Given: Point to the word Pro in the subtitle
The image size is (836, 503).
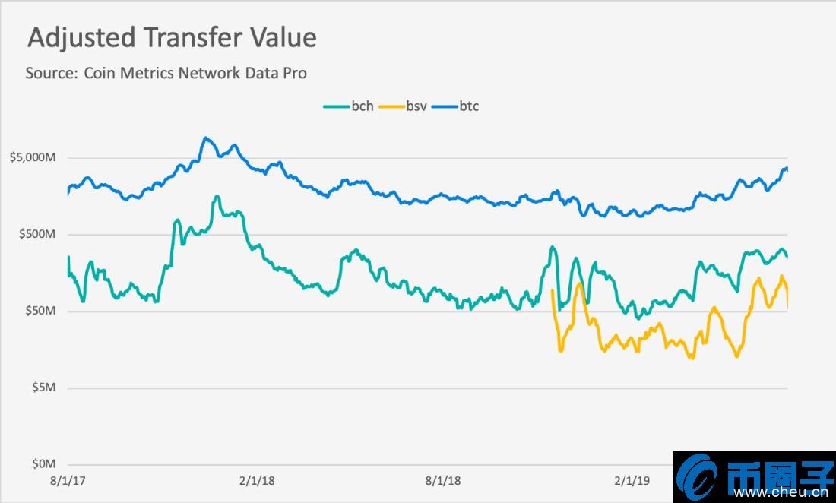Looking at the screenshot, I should click(295, 73).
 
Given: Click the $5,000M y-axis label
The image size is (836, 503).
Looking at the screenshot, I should click(33, 158).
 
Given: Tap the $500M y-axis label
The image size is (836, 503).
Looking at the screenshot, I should click(37, 234).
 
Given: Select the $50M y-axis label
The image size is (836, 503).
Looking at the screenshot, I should click(40, 311).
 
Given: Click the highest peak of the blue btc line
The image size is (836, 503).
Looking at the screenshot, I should click(205, 138).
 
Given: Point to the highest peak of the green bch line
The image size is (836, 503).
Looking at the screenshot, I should click(217, 196).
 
